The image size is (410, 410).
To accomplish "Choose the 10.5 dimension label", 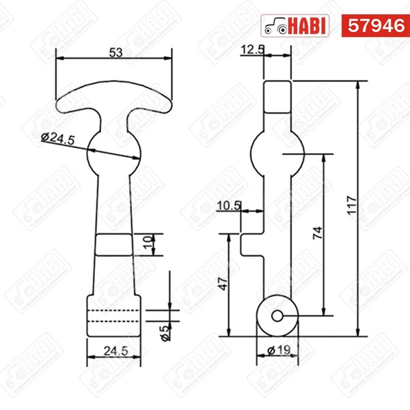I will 228,204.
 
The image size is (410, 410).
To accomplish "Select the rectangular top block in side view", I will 278,96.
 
